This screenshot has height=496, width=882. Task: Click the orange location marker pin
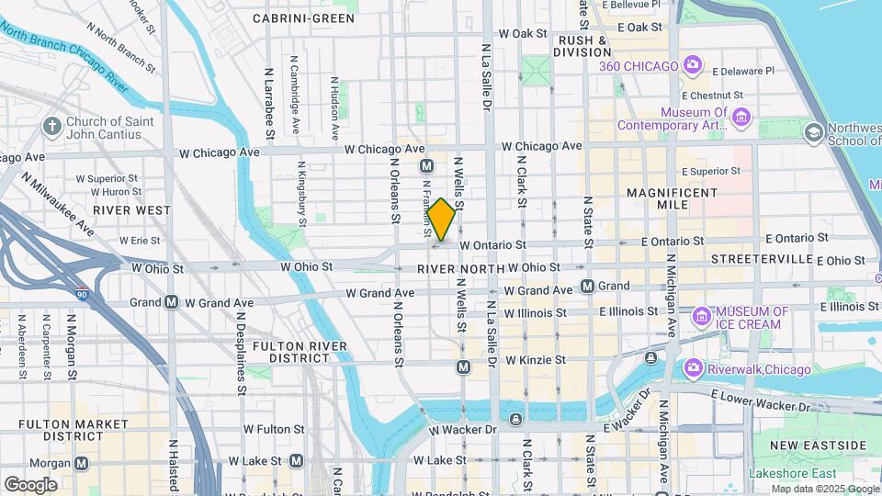(441, 220)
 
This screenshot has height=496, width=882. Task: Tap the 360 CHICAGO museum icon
(693, 65)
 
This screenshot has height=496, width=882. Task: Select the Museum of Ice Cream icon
(702, 317)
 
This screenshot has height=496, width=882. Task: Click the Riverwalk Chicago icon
(694, 369)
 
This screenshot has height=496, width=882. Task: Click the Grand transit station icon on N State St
(586, 286)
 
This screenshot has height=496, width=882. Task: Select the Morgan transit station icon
(82, 464)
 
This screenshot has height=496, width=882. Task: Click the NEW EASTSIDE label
(819, 445)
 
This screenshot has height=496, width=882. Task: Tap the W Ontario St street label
(492, 245)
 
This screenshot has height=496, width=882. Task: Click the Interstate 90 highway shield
(83, 295)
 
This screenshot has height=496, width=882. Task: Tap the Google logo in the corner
(30, 484)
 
